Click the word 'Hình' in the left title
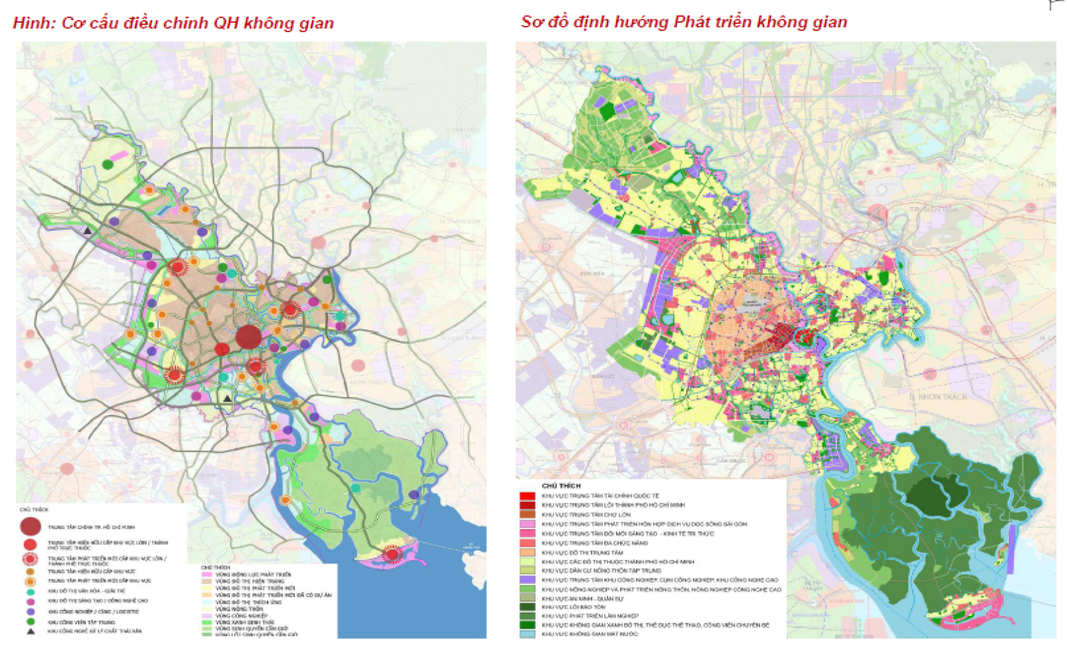pos(33,23)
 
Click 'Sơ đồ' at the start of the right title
pos(544,22)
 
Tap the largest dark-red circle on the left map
pos(249,336)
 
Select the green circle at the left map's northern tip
pos(108,165)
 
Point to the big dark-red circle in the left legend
pos(31,527)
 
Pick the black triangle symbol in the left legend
pos(31,631)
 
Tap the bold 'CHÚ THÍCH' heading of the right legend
pos(561,486)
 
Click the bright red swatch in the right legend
pos(527,497)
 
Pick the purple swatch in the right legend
pos(527,580)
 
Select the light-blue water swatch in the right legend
pos(527,634)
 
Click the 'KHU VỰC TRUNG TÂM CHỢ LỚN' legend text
pos(586,515)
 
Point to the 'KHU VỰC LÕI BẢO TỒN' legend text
pos(574,607)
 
